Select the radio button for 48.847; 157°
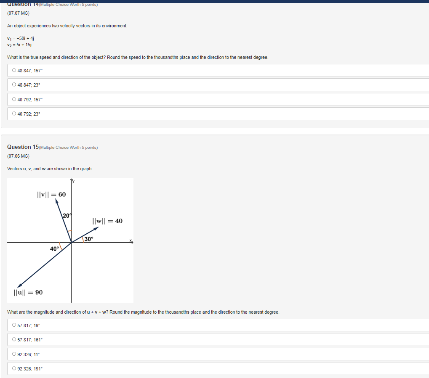tap(14, 71)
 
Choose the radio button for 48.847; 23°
tap(14, 85)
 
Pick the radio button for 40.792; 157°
tap(14, 100)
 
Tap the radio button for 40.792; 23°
tap(14, 114)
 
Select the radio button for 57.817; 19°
tap(14, 325)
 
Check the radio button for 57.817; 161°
tap(14, 340)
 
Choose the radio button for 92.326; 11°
tap(14, 354)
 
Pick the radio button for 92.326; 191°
tap(14, 369)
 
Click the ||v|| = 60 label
tap(51, 195)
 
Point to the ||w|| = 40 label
tap(107, 221)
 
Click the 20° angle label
tap(67, 216)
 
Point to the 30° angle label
tap(88, 239)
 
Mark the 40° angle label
tap(55, 249)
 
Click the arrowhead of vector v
tap(57, 201)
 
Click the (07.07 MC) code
tap(18, 13)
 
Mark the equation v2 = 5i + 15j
tap(19, 44)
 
